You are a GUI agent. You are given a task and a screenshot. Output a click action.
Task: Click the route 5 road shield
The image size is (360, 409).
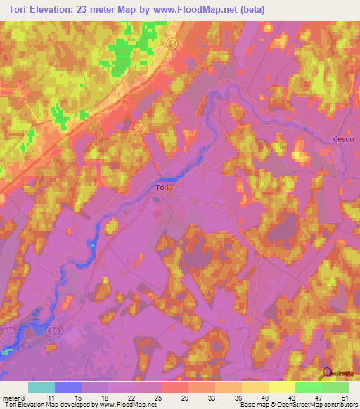pos(172,44)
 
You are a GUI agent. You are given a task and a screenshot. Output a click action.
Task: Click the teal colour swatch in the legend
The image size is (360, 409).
pos(41,387)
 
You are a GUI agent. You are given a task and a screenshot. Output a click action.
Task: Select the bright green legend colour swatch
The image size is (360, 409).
pos(308,387)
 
